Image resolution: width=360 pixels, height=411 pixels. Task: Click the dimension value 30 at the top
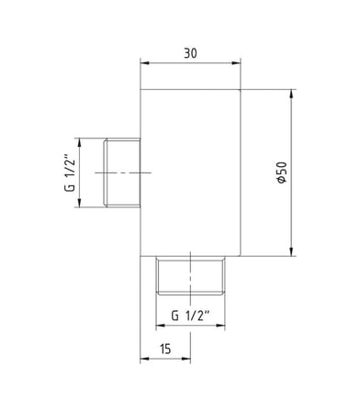coord(190,53)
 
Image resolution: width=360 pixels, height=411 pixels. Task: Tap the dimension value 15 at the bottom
coord(165,349)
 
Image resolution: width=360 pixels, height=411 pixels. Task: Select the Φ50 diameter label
coord(282,172)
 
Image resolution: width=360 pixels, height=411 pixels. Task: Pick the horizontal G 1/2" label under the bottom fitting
coord(190,316)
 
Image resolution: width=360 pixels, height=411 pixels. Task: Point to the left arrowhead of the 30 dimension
coord(144,63)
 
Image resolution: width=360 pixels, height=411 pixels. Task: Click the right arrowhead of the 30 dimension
coord(236,63)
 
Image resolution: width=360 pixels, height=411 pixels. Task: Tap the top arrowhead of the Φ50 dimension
coord(291,94)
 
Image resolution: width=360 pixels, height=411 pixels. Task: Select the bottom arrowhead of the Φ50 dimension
coord(291,251)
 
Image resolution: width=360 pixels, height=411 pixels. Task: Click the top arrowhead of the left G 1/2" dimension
coord(79,143)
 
